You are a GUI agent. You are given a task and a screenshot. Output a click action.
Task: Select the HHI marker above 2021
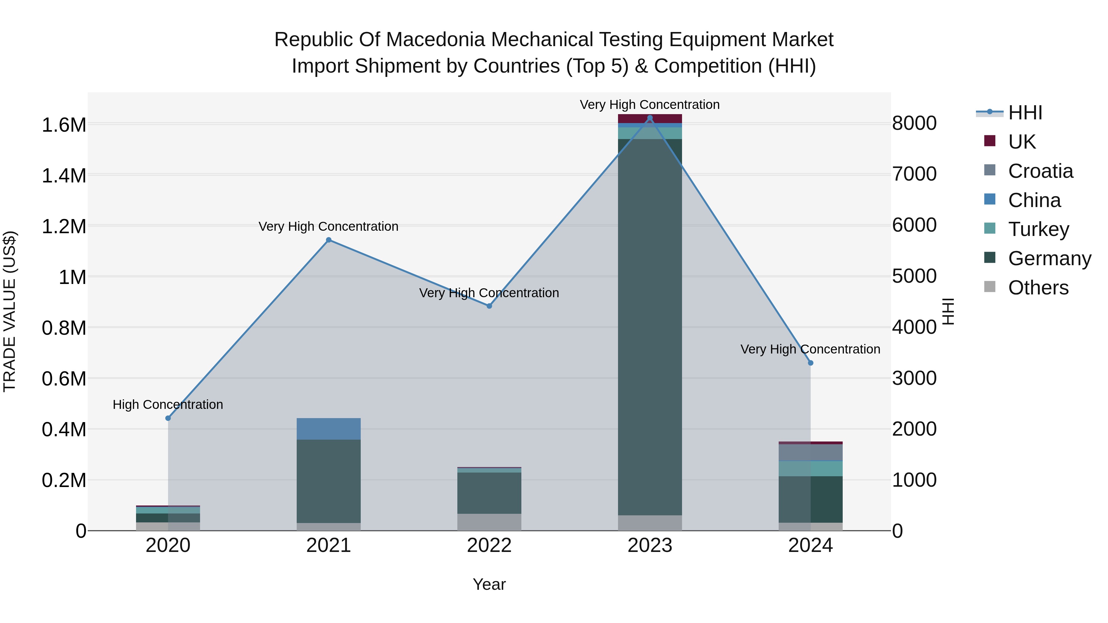click(329, 240)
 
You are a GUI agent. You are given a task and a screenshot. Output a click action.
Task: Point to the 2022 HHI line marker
click(489, 306)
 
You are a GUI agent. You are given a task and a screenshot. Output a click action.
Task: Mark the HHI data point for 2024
click(810, 363)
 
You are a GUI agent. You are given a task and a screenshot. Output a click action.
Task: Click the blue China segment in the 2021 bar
click(329, 429)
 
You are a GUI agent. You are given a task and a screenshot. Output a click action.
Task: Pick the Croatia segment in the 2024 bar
click(810, 452)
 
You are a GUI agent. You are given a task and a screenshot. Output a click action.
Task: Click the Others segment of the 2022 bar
click(489, 522)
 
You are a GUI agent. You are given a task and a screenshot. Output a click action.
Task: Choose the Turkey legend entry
click(1038, 229)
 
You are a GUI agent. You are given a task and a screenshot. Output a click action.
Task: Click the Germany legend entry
click(1050, 258)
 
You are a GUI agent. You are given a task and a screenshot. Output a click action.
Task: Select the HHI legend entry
click(1025, 113)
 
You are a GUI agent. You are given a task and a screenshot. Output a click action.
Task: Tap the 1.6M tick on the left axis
click(64, 125)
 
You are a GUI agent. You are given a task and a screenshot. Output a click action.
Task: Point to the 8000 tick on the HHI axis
click(914, 123)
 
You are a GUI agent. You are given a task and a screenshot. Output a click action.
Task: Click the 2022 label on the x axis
click(489, 545)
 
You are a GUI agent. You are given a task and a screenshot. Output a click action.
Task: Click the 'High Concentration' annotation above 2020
click(168, 405)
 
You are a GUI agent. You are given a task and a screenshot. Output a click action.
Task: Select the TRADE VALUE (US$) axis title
click(10, 311)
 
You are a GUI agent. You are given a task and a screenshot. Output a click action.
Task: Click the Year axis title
click(489, 584)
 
